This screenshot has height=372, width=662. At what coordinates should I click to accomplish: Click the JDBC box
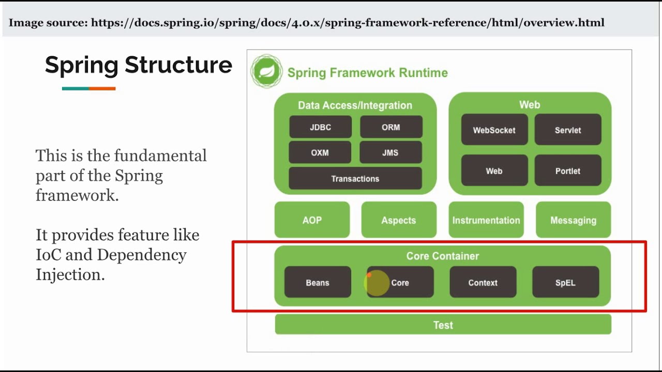[320, 127]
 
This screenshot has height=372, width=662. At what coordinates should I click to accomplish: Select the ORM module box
[391, 127]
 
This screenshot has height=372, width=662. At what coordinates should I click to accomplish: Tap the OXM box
[320, 152]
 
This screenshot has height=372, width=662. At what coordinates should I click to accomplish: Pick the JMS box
[390, 152]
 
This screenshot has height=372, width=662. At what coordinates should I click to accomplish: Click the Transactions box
[355, 178]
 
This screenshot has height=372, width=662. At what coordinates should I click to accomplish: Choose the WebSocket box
[494, 130]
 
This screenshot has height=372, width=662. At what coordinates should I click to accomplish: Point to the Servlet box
[567, 130]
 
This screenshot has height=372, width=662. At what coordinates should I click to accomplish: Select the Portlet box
[567, 171]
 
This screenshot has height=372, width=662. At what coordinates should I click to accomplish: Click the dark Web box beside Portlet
[494, 171]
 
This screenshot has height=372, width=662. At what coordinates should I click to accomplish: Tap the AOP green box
[312, 220]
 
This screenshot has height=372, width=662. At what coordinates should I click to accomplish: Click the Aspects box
[398, 220]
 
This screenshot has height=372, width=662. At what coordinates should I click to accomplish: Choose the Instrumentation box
[486, 220]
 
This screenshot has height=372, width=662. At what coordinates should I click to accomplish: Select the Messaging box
[573, 220]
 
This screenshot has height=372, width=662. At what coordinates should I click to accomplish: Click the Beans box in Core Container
[318, 282]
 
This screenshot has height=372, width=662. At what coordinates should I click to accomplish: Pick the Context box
[483, 282]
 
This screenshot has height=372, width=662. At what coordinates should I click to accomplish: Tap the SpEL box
[565, 282]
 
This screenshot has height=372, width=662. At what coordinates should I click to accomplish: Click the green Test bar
[443, 325]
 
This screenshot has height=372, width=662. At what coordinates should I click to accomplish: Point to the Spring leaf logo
[267, 71]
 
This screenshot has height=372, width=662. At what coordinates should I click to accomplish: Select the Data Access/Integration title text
[355, 105]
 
